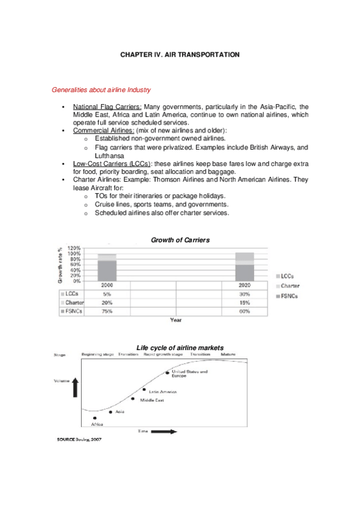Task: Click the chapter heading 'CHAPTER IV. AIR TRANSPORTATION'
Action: click(x=180, y=55)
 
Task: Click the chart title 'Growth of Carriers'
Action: click(x=180, y=240)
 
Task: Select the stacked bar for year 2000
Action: click(x=107, y=266)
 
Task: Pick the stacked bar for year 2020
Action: click(x=244, y=266)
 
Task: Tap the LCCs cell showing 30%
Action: click(x=244, y=294)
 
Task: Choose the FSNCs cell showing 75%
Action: click(x=107, y=312)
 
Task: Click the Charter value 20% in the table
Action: click(x=107, y=303)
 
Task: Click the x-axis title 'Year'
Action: click(x=175, y=320)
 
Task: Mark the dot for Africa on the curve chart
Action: click(x=94, y=418)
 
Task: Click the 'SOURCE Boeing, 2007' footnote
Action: click(x=79, y=439)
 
